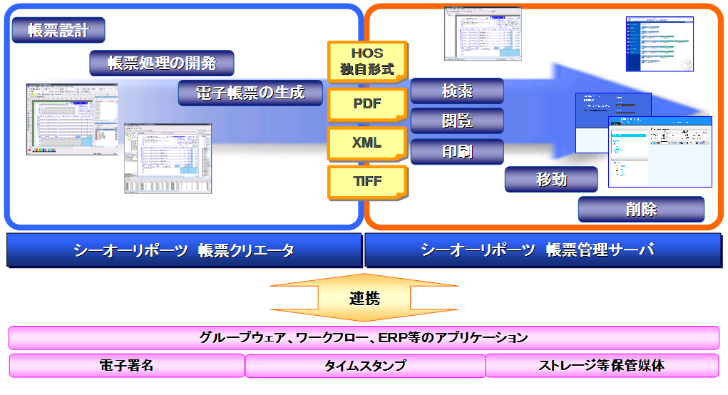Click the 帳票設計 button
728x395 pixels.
click(58, 30)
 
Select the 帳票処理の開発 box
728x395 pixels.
click(162, 63)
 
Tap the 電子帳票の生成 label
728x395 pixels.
click(250, 93)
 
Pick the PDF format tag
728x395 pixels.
click(366, 104)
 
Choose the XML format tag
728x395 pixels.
click(366, 143)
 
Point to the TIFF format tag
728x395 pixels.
click(366, 182)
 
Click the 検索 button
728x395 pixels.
click(457, 91)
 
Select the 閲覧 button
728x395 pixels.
click(457, 120)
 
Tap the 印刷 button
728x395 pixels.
click(457, 151)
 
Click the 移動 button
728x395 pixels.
click(551, 180)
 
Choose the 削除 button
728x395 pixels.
click(641, 210)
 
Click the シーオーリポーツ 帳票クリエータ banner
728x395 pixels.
click(184, 250)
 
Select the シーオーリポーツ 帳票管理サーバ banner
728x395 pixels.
click(543, 250)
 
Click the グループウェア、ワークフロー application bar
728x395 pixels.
click(364, 337)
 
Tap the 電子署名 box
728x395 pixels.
click(126, 366)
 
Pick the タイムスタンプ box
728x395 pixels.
click(365, 366)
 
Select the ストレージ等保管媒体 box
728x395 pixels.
click(602, 366)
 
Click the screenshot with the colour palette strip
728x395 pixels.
click(71, 120)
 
